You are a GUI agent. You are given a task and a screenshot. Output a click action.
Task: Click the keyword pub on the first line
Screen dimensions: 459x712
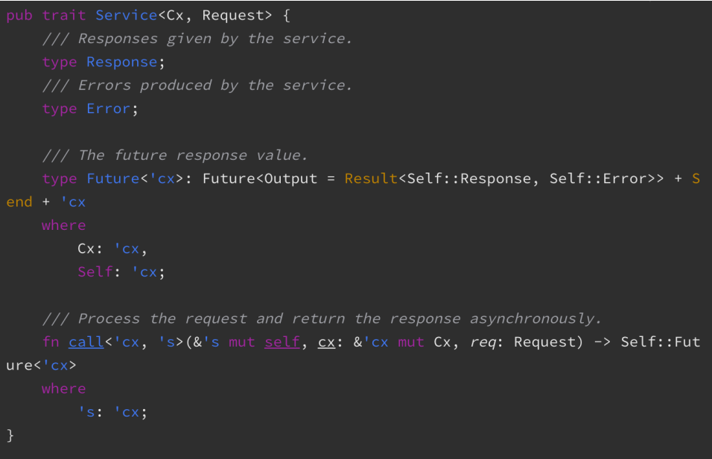point(19,16)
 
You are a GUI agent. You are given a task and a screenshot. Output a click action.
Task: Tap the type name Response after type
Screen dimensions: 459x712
point(121,62)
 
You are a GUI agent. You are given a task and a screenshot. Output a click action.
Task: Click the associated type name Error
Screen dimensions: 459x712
point(108,109)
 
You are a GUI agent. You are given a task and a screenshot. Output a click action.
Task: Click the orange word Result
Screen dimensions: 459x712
point(371,179)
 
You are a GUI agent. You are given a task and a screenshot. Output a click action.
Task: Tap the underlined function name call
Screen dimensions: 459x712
point(86,342)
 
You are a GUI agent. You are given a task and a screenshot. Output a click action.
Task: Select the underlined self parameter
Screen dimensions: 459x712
point(282,342)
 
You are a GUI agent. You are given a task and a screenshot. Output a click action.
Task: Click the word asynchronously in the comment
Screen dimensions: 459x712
point(535,318)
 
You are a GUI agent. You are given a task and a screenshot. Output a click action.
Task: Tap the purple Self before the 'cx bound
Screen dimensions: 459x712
point(95,272)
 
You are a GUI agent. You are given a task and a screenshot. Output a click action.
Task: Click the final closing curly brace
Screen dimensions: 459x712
point(10,435)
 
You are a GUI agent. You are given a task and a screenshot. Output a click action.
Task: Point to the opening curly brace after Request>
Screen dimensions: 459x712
point(286,16)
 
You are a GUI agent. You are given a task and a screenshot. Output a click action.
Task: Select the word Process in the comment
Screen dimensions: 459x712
point(109,318)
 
